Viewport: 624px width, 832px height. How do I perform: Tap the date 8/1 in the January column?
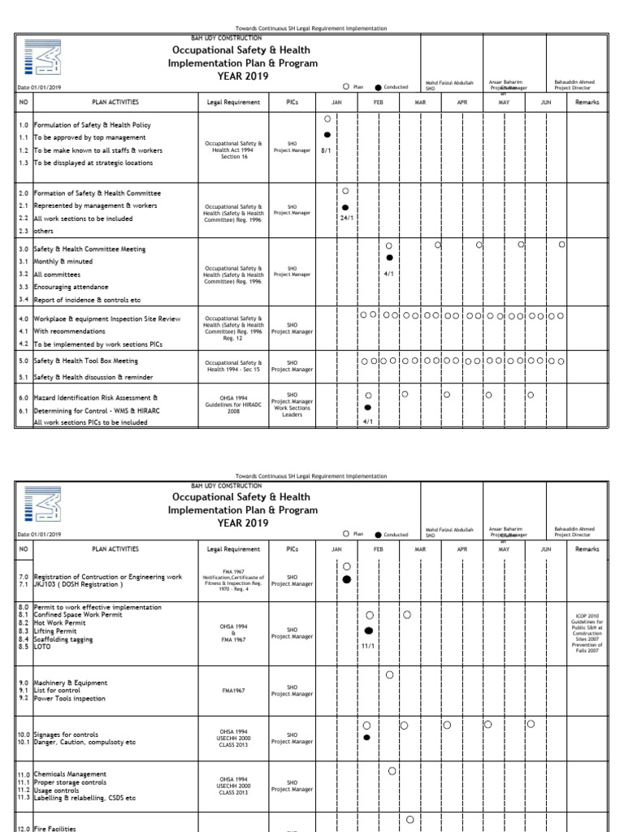(x=327, y=150)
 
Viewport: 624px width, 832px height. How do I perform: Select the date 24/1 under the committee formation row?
(x=345, y=218)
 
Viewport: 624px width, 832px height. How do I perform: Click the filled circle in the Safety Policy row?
(x=327, y=135)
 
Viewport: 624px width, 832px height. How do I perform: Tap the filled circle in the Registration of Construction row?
(x=347, y=579)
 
